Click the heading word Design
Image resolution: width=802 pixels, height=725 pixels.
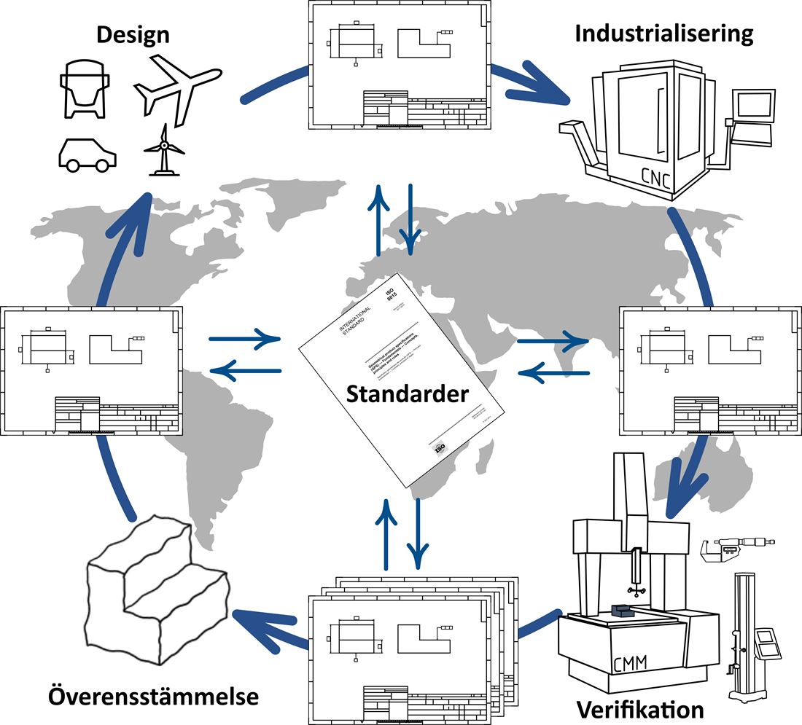click(x=133, y=34)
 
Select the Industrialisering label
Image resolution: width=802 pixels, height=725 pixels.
click(x=663, y=33)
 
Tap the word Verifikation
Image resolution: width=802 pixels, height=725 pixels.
click(x=640, y=709)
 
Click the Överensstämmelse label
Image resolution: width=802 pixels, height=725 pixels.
click(x=153, y=696)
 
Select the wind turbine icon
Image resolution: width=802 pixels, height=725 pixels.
click(x=165, y=149)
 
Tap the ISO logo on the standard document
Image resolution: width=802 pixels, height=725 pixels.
click(x=439, y=449)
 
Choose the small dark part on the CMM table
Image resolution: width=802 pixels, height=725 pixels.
click(x=624, y=609)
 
